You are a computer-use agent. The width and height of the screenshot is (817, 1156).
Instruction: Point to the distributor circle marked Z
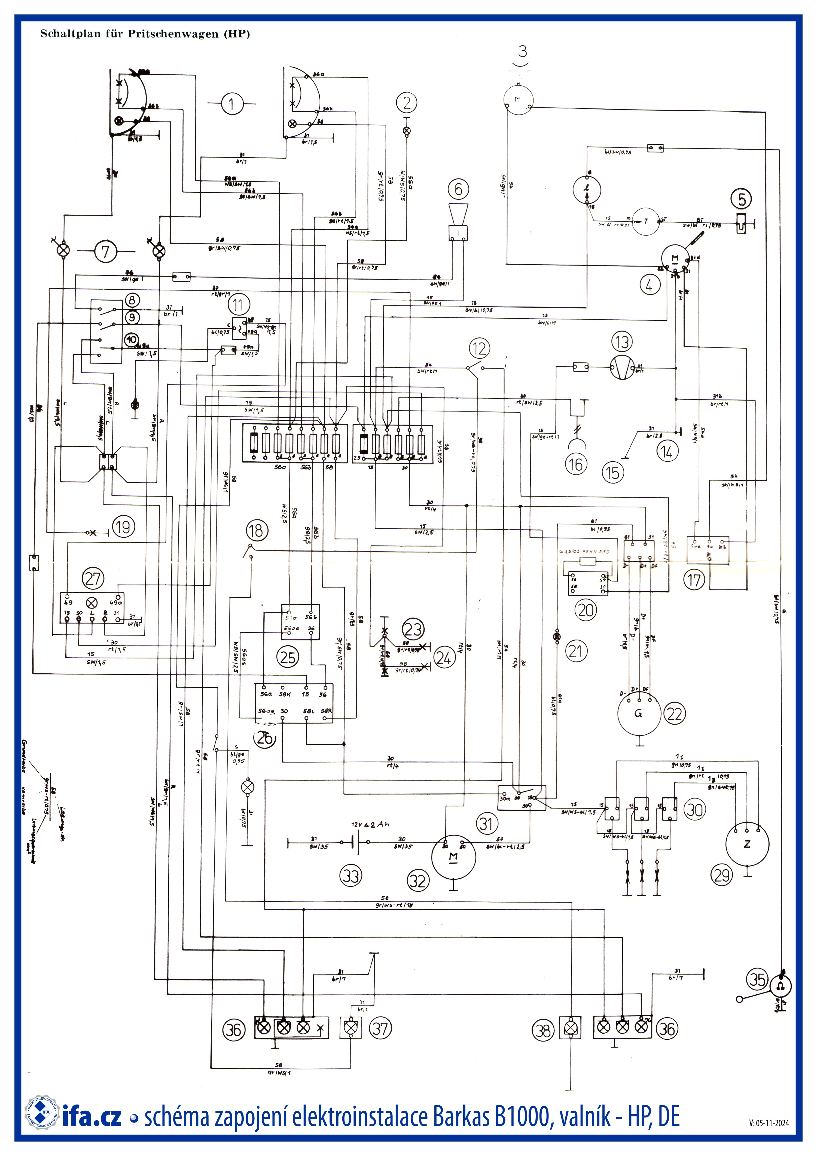pyautogui.click(x=747, y=844)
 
